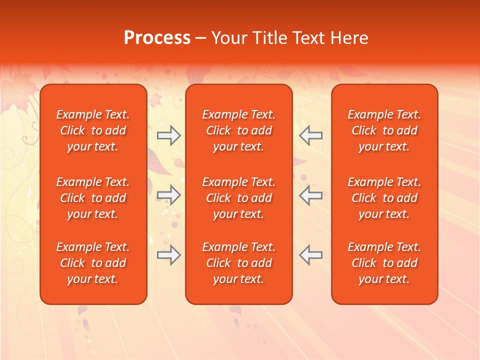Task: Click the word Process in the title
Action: [x=157, y=37]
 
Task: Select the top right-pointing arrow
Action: [x=168, y=135]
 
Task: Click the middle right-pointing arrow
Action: [x=168, y=195]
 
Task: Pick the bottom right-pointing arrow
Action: [x=168, y=255]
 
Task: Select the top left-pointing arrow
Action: [x=311, y=135]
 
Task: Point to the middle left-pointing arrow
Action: [x=311, y=195]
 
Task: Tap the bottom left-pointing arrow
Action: [x=311, y=255]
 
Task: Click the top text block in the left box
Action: [x=93, y=130]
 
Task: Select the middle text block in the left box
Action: [x=93, y=198]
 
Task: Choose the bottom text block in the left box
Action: [x=93, y=263]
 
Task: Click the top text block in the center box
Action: [x=238, y=130]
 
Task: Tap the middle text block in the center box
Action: [x=238, y=198]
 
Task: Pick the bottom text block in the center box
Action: [x=238, y=263]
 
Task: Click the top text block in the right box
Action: [x=384, y=130]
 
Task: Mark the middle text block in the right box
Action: [x=384, y=198]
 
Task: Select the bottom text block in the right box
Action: [x=384, y=263]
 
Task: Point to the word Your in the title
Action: [x=228, y=37]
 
